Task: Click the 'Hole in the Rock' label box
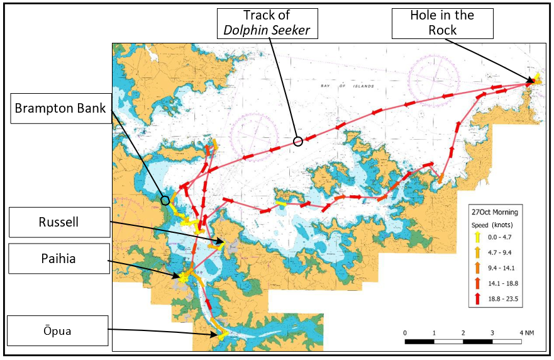pos(443,23)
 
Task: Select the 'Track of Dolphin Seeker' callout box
pos(267,23)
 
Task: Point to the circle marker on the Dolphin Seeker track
pos(298,142)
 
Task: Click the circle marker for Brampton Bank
pos(165,201)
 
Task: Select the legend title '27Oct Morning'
pos(495,212)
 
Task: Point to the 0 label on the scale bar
pos(405,332)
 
